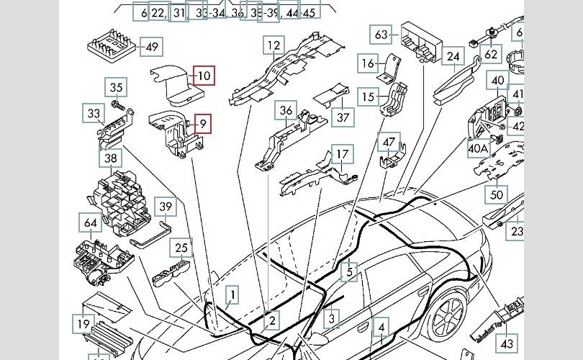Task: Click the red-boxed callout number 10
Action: (204, 75)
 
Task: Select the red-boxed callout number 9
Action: (204, 125)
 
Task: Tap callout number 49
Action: (151, 48)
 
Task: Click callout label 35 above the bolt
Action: (117, 88)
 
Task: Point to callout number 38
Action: (110, 158)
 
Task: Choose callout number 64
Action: (91, 223)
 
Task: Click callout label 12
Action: (274, 47)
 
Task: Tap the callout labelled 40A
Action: (479, 149)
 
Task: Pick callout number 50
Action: (497, 194)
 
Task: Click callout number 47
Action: (389, 142)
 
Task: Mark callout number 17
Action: (343, 154)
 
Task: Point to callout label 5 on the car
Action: (350, 272)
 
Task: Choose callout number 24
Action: (453, 56)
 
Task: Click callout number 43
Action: (508, 344)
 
